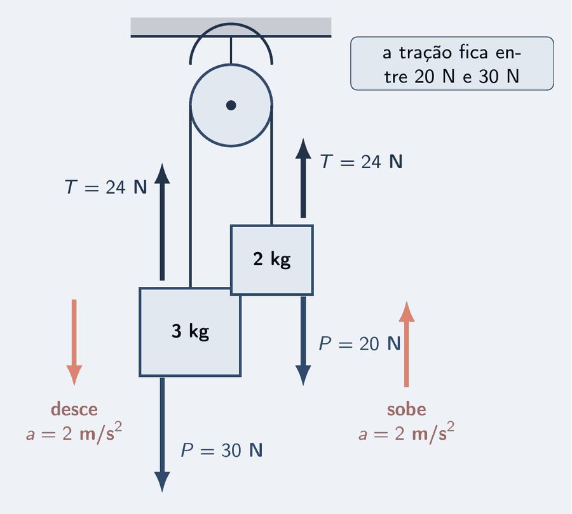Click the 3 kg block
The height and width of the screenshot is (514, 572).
point(190,332)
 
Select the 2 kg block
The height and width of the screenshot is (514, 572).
point(272,260)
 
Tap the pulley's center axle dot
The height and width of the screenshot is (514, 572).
point(231,105)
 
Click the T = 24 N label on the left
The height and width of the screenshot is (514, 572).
point(106,187)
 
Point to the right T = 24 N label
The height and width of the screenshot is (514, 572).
point(362,161)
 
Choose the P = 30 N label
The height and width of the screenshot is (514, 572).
point(222,451)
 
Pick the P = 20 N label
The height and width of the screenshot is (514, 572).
point(360,343)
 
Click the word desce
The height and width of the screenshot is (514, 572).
point(74,409)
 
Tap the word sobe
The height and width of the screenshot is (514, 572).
point(406,409)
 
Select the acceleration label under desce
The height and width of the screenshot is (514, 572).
point(74,433)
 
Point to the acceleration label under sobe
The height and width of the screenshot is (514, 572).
point(406,433)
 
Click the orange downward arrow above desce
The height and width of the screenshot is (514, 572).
point(74,343)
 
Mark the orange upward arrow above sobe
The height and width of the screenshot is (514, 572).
point(406,344)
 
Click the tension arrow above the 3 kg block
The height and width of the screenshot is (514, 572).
point(162,222)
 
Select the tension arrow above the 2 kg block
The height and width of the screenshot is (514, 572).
point(303,178)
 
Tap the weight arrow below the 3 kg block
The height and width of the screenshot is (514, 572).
point(162,435)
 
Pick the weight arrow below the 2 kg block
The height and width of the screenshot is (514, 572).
point(303,341)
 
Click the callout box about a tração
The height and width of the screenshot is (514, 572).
point(452,63)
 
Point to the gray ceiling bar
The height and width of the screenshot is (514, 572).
point(231,27)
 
